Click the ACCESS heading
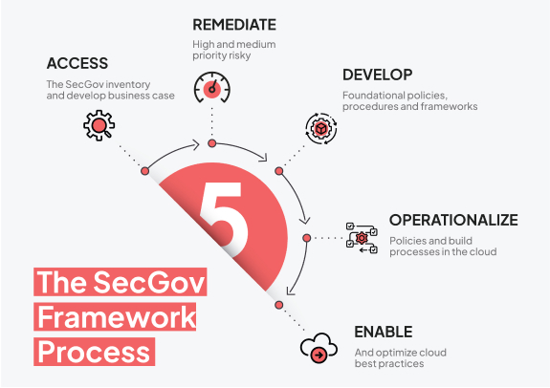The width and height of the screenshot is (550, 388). [77, 63]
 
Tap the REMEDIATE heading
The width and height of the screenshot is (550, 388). [234, 25]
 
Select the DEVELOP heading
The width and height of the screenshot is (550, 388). [378, 75]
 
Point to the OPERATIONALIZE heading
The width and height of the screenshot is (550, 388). [453, 220]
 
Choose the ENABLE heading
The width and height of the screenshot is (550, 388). [384, 332]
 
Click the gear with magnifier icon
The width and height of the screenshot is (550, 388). [99, 125]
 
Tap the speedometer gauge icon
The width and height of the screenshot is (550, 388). [211, 87]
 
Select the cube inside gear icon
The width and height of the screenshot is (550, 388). [321, 129]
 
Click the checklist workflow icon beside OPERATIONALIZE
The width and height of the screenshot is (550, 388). [362, 238]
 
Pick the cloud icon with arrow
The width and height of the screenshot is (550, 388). [319, 348]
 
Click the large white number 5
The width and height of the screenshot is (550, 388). [224, 220]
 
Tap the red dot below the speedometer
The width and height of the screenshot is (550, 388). [211, 143]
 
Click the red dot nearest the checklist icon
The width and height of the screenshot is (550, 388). [307, 238]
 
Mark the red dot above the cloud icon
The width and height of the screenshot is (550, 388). [279, 305]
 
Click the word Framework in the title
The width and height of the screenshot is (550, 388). [117, 317]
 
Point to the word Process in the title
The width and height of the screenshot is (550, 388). [94, 352]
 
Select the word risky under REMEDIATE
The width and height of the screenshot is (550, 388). [238, 55]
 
